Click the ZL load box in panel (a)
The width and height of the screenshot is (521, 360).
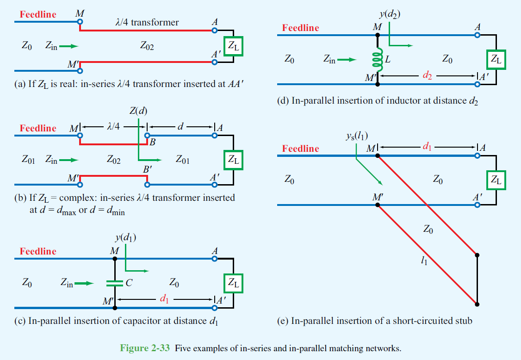coord(233,46)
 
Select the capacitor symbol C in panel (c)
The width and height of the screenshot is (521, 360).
coord(114,283)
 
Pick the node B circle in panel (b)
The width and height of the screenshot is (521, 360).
coord(147,136)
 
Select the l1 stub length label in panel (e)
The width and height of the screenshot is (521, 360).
coord(423,262)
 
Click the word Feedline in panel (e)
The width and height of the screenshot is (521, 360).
coord(300,149)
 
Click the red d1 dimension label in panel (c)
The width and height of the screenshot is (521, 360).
coord(163,299)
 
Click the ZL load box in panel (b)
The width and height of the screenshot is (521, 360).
coord(233,160)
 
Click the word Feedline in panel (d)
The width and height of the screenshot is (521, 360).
coord(300,28)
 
